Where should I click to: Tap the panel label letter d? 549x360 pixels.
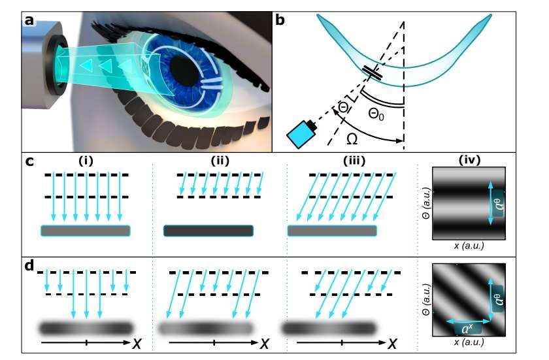coord(29,266)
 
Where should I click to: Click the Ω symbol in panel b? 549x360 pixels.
coord(352,139)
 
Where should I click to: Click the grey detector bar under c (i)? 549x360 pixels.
coord(86,231)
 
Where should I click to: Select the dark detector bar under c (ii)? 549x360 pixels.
coord(208,231)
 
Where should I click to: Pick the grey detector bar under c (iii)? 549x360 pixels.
coord(332,231)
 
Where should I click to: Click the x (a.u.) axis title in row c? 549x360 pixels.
coord(469,245)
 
